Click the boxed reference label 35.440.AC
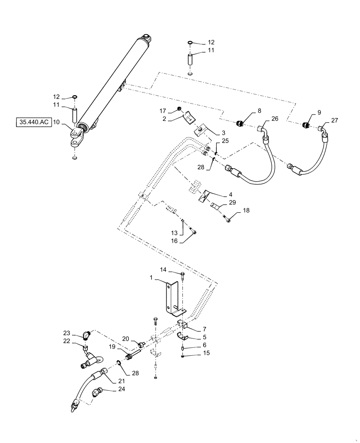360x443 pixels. point(33,122)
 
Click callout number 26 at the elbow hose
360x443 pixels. point(274,119)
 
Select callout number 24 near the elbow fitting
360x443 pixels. point(109,390)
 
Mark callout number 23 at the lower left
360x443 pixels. point(67,334)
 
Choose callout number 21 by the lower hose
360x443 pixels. point(121,381)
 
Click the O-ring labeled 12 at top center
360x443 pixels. point(190,43)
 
